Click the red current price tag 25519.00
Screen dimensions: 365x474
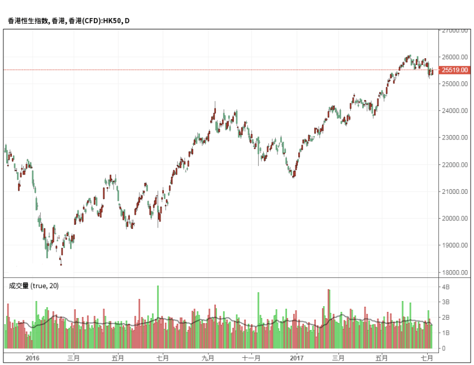pos(455,70)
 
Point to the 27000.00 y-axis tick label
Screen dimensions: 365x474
pos(455,31)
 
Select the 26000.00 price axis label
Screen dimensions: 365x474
pos(455,57)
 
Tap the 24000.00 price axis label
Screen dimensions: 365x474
pos(455,111)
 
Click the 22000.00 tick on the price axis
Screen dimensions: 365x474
pos(455,165)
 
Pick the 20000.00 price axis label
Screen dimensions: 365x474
pos(455,219)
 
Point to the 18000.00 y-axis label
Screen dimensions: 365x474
pos(455,272)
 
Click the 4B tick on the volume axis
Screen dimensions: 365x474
pos(446,287)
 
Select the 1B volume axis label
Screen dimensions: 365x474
pos(446,333)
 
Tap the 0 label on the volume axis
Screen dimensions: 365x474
pos(444,348)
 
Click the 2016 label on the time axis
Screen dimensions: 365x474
pos(33,358)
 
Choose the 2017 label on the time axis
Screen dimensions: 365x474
pos(297,358)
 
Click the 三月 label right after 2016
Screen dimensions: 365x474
pos(73,358)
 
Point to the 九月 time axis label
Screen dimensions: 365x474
pos(209,358)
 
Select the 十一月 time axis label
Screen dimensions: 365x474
pos(251,358)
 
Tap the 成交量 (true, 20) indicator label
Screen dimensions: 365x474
pos(33,286)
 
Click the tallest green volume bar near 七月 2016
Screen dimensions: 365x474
pos(158,316)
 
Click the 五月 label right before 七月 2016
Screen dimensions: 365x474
pos(118,358)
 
